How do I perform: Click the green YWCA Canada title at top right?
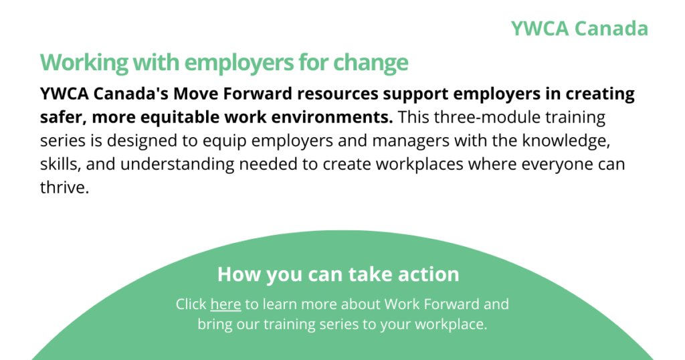579,28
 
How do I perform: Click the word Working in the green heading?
84,62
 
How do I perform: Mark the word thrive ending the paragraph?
65,187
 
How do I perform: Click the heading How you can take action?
338,274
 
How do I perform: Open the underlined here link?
225,304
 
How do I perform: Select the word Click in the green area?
191,304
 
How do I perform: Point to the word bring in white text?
215,325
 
